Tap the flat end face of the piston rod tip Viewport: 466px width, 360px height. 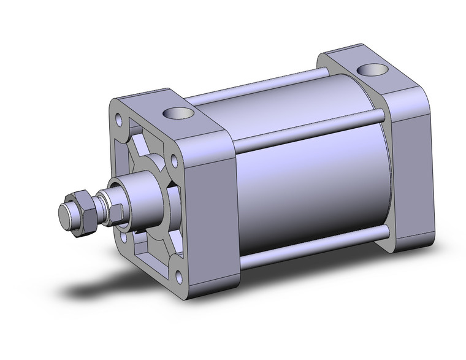[x=64, y=215]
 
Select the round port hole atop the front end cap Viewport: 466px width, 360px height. [x=178, y=115]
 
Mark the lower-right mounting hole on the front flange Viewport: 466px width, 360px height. [x=178, y=277]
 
